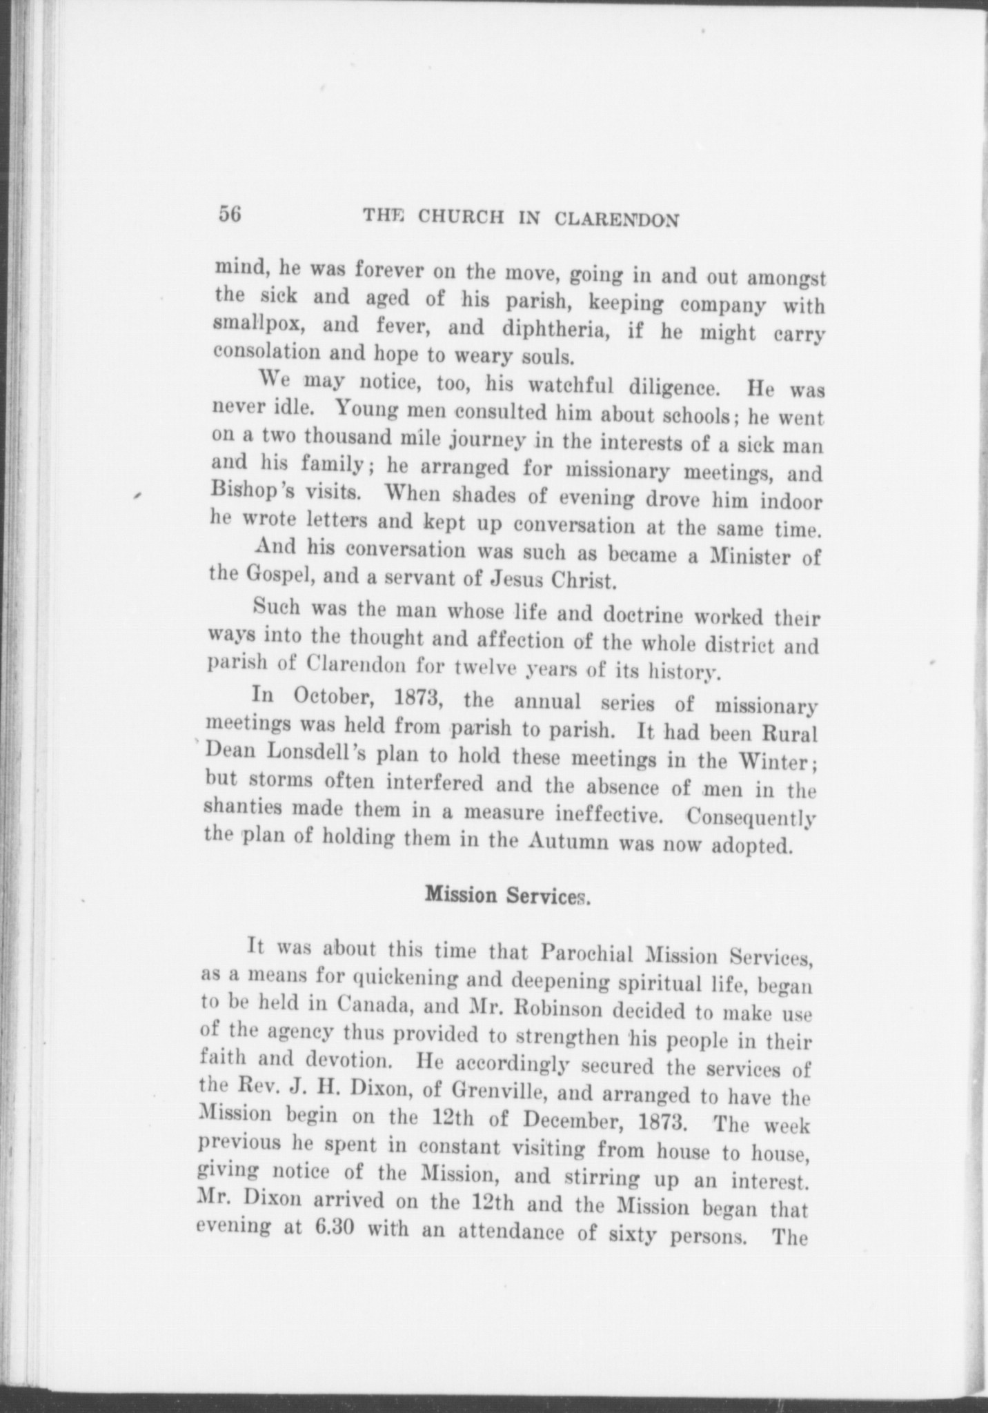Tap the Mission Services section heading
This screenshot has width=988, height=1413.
(506, 896)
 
